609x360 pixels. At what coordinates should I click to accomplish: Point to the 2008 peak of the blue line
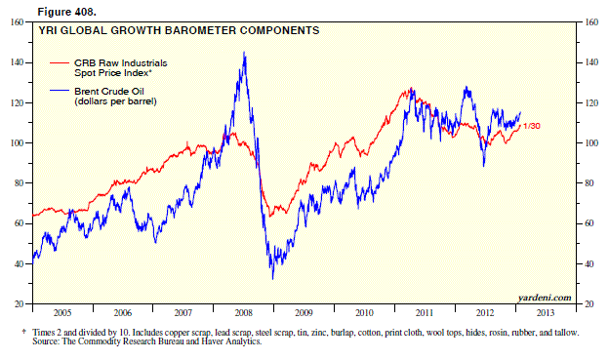point(243,54)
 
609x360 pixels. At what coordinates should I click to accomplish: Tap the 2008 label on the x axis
point(243,314)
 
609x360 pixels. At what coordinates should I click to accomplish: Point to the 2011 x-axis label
point(422,314)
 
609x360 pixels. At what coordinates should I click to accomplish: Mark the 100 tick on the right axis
point(591,142)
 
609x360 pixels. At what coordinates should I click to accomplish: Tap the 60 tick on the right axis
point(590,223)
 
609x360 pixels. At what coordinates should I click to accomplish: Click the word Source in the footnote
point(47,341)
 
